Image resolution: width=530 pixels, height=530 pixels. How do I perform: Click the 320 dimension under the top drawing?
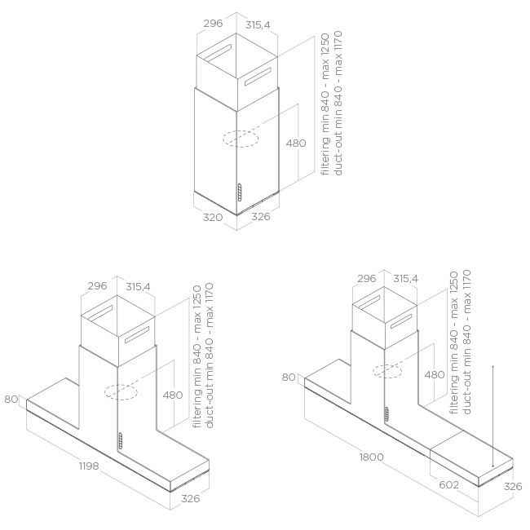[x=213, y=217]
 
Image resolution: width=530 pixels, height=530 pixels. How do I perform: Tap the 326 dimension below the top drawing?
[x=261, y=216]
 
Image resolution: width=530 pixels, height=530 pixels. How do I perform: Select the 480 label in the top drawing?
[x=296, y=143]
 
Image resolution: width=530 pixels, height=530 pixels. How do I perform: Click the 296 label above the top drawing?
[x=214, y=24]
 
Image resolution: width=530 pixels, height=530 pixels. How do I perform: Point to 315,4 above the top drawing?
[x=258, y=24]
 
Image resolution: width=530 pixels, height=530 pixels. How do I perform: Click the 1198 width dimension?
[x=89, y=466]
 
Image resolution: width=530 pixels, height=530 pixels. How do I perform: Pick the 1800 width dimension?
[x=372, y=457]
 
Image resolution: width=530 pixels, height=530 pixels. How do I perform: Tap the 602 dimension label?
[x=449, y=485]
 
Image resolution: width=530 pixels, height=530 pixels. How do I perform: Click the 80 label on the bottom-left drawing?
[x=11, y=400]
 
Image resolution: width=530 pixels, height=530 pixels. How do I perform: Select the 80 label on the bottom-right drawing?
[x=289, y=378]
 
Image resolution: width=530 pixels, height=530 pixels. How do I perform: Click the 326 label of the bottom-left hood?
[x=190, y=498]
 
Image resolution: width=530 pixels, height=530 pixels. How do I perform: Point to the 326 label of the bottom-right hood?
[x=513, y=487]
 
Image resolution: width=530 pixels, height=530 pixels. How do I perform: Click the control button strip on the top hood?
[x=240, y=192]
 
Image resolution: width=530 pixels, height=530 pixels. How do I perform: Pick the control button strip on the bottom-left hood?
[x=120, y=441]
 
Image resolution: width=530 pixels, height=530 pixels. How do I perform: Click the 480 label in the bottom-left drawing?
[x=173, y=395]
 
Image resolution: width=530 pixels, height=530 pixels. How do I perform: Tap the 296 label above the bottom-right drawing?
[x=367, y=279]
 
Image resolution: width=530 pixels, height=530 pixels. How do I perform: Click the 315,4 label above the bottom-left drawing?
[x=138, y=287]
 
